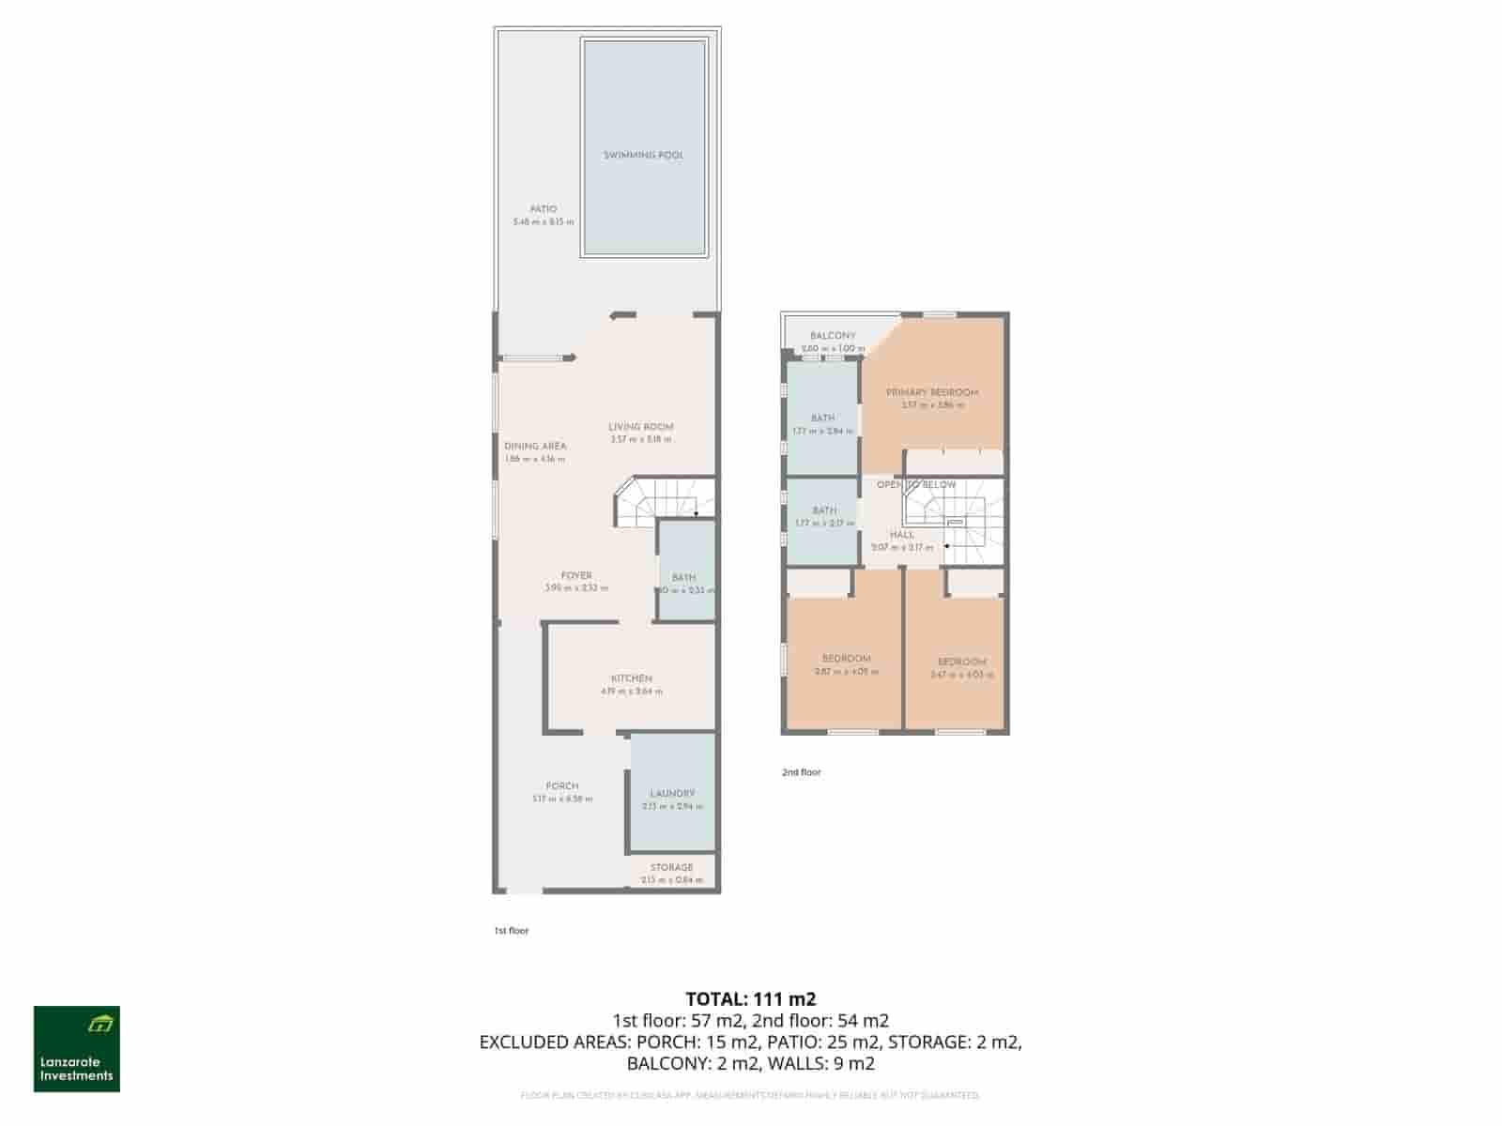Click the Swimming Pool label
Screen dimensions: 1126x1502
pyautogui.click(x=643, y=155)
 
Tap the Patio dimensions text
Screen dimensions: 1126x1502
pyautogui.click(x=543, y=222)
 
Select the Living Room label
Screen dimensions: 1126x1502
pyautogui.click(x=641, y=427)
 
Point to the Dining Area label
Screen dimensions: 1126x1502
pyautogui.click(x=535, y=447)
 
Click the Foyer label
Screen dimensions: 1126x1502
pyautogui.click(x=576, y=576)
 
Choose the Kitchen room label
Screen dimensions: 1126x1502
pyautogui.click(x=632, y=678)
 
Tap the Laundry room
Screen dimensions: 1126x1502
pyautogui.click(x=672, y=794)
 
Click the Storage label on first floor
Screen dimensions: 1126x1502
pyautogui.click(x=671, y=868)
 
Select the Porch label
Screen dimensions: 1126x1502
pyautogui.click(x=562, y=786)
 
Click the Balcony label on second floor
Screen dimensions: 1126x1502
pyautogui.click(x=833, y=336)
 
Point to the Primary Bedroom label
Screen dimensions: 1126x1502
pyautogui.click(x=932, y=393)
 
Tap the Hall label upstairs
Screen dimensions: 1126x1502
pyautogui.click(x=901, y=535)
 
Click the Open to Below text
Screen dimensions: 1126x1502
pyautogui.click(x=916, y=485)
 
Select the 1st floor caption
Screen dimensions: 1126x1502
pyautogui.click(x=512, y=931)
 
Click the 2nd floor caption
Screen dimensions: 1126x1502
pyautogui.click(x=802, y=772)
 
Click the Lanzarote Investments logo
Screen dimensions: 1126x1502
pyautogui.click(x=77, y=1049)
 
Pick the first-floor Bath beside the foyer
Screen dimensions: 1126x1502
pyautogui.click(x=684, y=578)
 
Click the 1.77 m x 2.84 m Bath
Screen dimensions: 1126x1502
pyautogui.click(x=822, y=418)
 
